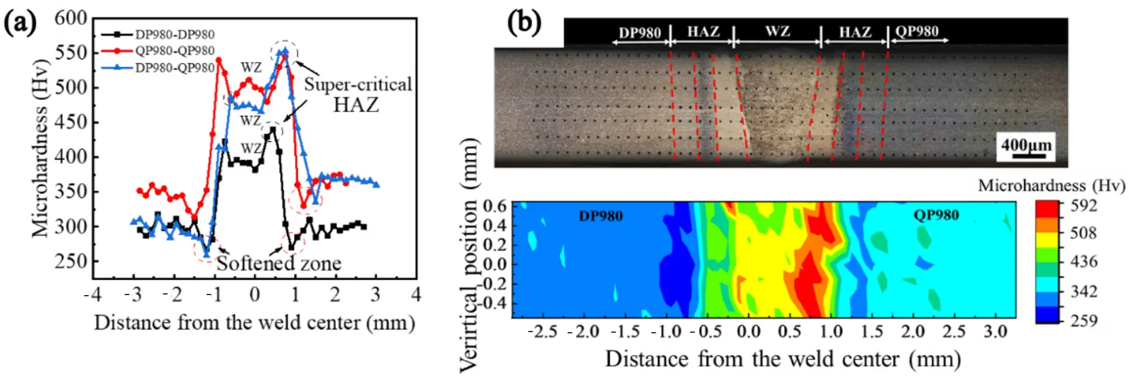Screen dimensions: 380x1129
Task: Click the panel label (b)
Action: (524, 23)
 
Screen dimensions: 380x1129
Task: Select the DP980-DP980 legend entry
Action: (174, 35)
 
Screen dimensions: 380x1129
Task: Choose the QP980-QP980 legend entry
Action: (174, 51)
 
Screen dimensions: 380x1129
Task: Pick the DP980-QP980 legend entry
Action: (174, 68)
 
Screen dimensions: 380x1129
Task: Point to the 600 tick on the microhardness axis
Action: (71, 18)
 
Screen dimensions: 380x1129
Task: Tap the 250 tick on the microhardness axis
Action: (71, 261)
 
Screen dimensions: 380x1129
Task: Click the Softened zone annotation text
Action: (279, 263)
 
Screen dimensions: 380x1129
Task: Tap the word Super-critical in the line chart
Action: (358, 84)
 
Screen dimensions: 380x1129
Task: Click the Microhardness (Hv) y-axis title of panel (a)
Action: (39, 148)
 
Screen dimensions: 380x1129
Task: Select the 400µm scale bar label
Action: (1026, 145)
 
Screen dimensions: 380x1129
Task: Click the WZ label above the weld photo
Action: (777, 32)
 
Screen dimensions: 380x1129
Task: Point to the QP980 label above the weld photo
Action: (917, 32)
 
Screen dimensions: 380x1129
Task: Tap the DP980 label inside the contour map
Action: (600, 216)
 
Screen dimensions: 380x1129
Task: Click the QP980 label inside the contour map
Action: (936, 215)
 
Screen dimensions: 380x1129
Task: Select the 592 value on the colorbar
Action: (1084, 206)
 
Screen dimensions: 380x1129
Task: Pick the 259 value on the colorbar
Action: (1084, 321)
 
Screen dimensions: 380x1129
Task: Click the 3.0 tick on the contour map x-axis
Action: (995, 332)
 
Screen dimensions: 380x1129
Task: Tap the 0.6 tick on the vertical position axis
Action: (494, 206)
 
